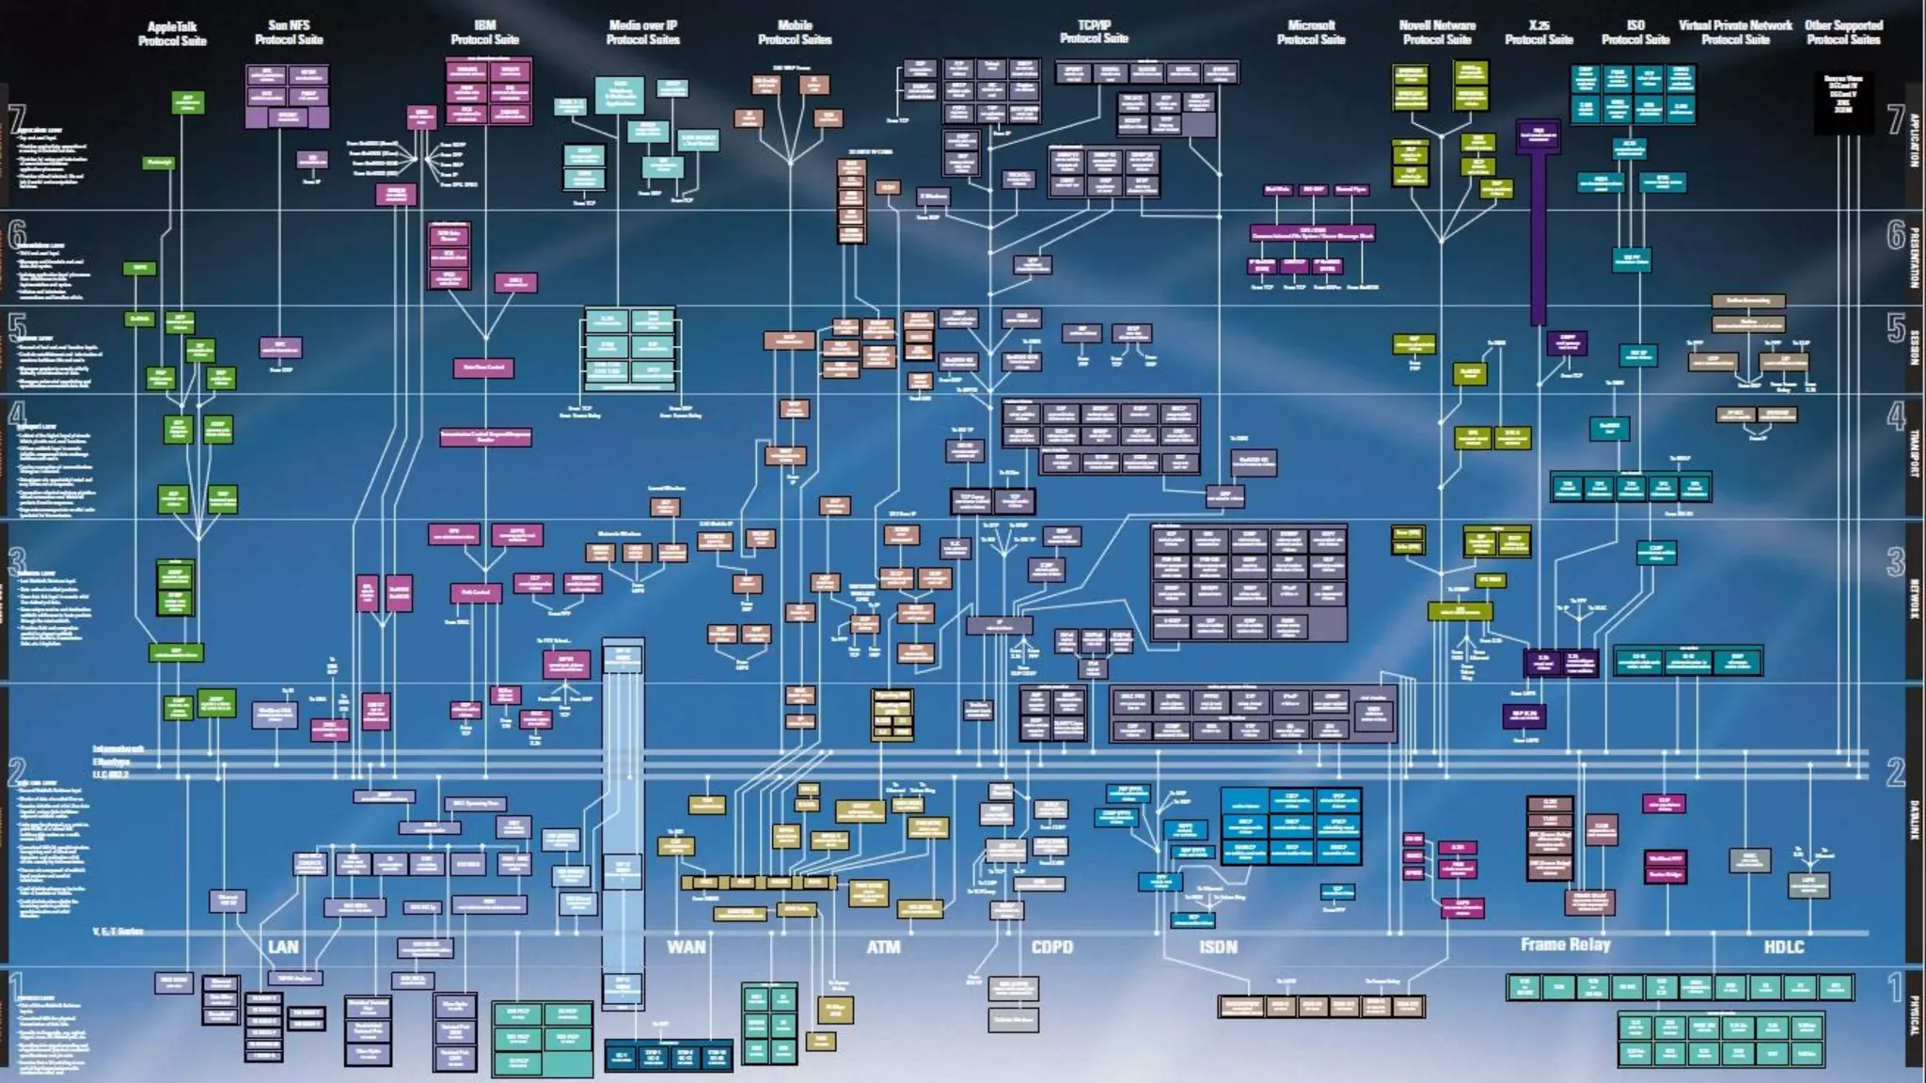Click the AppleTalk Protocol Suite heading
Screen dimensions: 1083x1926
[172, 34]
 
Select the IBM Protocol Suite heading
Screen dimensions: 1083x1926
[484, 33]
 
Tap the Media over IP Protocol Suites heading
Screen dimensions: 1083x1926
[642, 33]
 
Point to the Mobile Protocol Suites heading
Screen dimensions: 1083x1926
[795, 33]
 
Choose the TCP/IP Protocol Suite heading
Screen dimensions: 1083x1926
[1094, 32]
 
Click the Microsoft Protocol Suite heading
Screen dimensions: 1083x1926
[1311, 33]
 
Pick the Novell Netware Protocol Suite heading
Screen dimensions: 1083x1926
[1437, 33]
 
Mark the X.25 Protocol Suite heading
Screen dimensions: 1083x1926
[1539, 33]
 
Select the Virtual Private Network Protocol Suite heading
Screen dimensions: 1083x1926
[1735, 33]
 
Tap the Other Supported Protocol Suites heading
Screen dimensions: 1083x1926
[1843, 33]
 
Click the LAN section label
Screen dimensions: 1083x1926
[283, 947]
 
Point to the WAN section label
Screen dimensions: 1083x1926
[686, 947]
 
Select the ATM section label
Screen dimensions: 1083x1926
[883, 947]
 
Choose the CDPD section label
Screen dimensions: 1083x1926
[1051, 947]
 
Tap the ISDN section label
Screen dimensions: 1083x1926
[1218, 947]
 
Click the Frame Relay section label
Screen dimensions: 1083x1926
[1565, 945]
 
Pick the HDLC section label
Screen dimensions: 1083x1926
[1783, 947]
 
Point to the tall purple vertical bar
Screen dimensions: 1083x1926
[1539, 235]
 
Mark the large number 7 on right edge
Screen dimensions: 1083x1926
[1896, 119]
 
